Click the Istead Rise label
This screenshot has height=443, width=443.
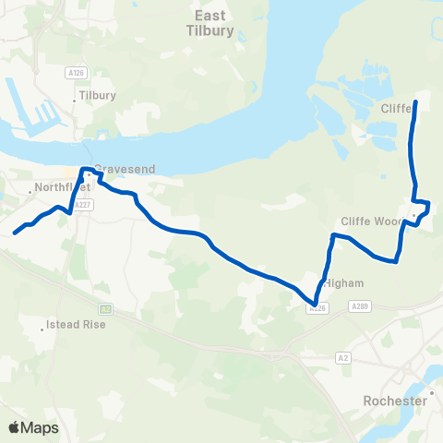click(x=77, y=325)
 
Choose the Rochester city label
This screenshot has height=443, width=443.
click(x=395, y=401)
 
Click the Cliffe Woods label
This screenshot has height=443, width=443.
click(x=371, y=221)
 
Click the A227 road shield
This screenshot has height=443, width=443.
click(x=85, y=206)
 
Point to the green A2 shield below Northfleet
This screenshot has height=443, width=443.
click(x=106, y=308)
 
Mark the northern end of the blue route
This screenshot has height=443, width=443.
click(x=414, y=102)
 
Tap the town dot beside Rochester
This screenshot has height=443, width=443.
click(x=431, y=393)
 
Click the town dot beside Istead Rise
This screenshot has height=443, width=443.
click(x=44, y=325)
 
